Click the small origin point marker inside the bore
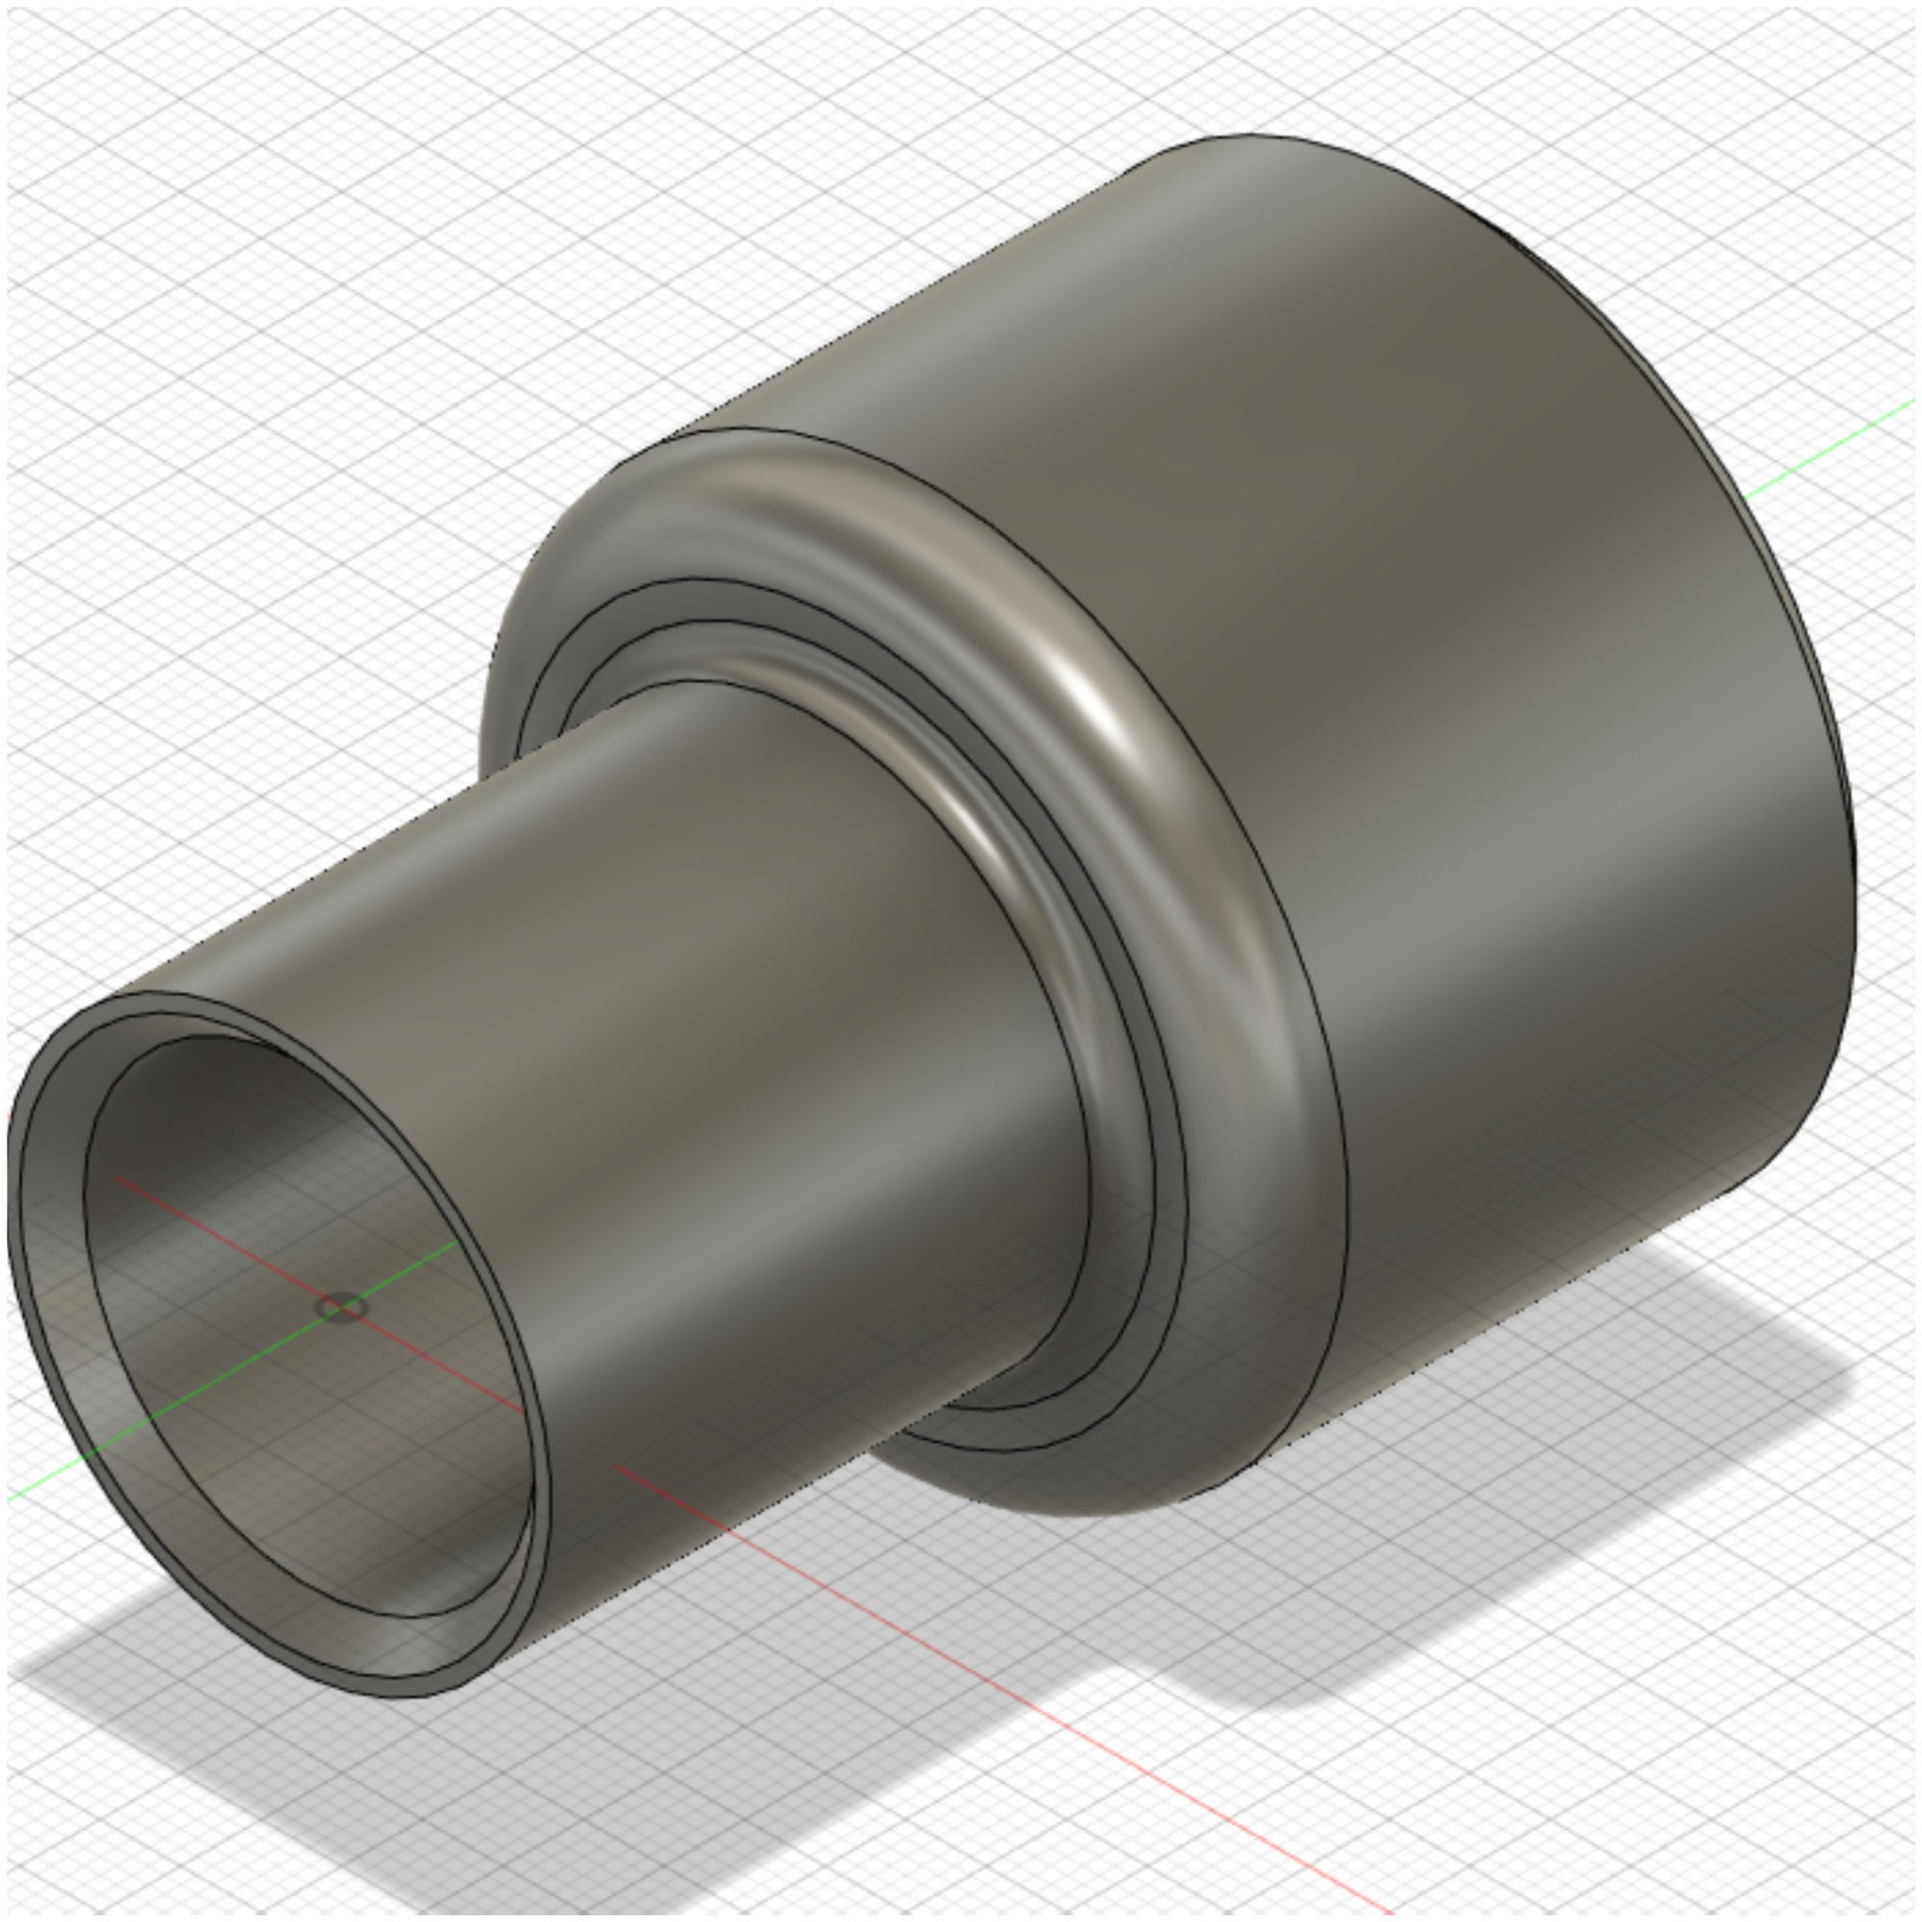point(340,1307)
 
